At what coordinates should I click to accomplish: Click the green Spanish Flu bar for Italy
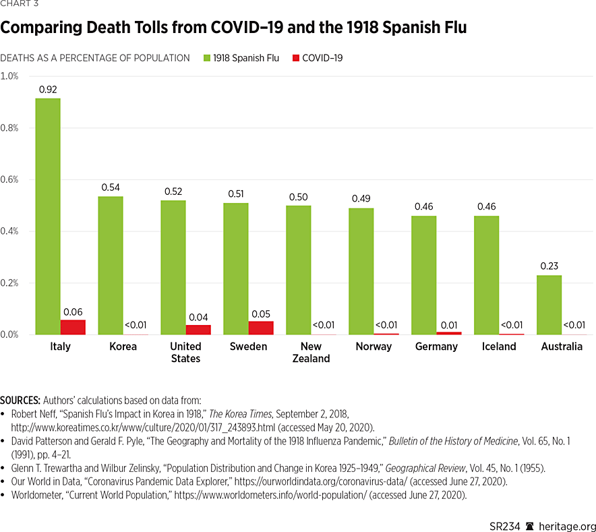47,216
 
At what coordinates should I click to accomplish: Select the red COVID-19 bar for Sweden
261,328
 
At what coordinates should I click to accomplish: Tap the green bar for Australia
549,305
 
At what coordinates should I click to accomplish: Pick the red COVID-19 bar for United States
198,330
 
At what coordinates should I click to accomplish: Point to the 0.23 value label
549,265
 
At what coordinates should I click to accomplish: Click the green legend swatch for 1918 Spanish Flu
206,58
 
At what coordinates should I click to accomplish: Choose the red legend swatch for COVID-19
295,58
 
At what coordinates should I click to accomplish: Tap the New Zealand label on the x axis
311,353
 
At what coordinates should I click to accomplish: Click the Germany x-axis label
436,347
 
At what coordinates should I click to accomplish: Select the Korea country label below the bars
122,347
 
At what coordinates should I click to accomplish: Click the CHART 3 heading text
20,5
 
